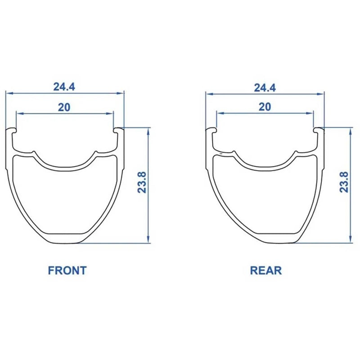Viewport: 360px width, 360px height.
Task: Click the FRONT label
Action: pyautogui.click(x=67, y=270)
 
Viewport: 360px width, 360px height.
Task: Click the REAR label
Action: pyautogui.click(x=265, y=270)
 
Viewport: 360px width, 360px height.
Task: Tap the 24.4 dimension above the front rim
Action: pyautogui.click(x=64, y=87)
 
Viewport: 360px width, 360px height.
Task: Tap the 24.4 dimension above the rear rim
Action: pyautogui.click(x=265, y=88)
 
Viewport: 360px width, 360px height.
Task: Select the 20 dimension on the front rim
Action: pyautogui.click(x=64, y=107)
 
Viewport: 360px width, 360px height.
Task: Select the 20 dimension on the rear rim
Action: pyautogui.click(x=265, y=107)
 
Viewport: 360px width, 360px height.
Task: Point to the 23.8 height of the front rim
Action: pyautogui.click(x=142, y=182)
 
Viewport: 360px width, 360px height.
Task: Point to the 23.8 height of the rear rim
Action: pyautogui.click(x=344, y=182)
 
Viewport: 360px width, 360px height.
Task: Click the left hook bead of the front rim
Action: pyautogui.click(x=12, y=130)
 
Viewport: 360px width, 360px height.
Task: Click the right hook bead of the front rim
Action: pyautogui.click(x=118, y=130)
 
